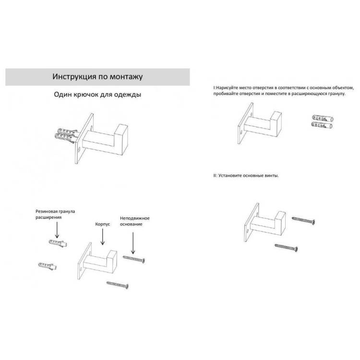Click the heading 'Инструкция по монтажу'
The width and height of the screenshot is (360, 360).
(97, 77)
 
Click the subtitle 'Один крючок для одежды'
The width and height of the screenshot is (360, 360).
(97, 95)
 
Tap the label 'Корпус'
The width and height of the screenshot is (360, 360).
(102, 224)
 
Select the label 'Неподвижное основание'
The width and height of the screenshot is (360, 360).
(134, 221)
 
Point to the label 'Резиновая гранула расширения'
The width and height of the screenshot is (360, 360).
(55, 214)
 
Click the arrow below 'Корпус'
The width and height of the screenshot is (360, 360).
(103, 237)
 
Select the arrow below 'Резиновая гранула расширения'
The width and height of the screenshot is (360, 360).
(57, 230)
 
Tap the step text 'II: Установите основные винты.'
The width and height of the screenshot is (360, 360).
(246, 176)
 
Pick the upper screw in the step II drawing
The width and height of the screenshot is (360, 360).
(303, 220)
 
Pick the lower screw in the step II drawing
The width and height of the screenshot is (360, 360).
(286, 248)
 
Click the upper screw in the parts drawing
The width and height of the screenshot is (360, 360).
(134, 259)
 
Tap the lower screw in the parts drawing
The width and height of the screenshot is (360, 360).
(117, 285)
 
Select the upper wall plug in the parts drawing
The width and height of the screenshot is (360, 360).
(58, 243)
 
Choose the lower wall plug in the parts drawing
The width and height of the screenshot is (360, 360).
(48, 266)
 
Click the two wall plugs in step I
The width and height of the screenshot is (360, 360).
(323, 122)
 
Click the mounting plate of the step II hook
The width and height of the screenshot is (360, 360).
(252, 222)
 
